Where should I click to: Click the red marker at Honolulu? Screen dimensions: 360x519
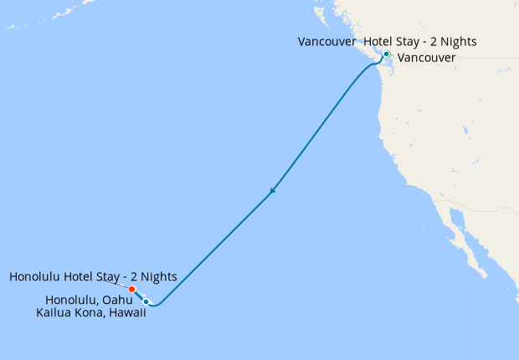132,290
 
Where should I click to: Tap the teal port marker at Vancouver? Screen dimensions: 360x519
386,54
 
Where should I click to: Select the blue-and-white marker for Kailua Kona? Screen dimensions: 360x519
146,301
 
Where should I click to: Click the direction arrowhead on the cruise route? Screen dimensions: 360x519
272,192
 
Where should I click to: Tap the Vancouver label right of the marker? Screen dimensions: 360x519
426,58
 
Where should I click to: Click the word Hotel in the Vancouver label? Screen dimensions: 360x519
380,41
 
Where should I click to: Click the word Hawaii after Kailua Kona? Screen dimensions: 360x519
126,312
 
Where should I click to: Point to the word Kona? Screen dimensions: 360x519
91,312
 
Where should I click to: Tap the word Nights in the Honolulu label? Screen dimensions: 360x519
159,276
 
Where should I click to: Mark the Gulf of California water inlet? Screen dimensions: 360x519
470,239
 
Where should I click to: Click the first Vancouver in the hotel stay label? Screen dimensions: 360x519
326,41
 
